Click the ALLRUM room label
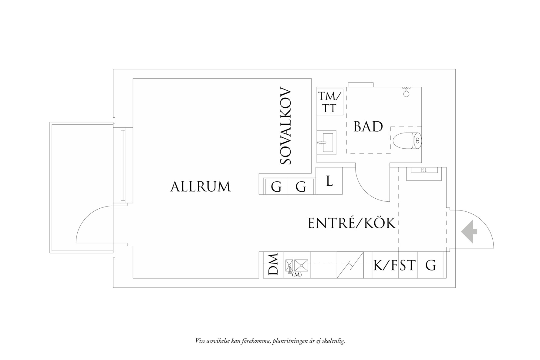coord(201,187)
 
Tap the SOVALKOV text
coord(286,126)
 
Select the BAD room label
coord(368,127)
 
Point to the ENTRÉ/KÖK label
coord(352,223)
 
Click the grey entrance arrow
coord(469,232)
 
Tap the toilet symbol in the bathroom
coord(407,141)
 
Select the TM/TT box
coord(329,103)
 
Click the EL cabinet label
coord(424,170)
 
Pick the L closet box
coord(329,181)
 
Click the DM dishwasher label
coord(273,265)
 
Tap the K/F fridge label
coord(385,265)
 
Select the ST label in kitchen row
coord(407,265)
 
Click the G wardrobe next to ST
coord(430,265)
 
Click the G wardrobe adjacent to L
coord(301,187)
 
